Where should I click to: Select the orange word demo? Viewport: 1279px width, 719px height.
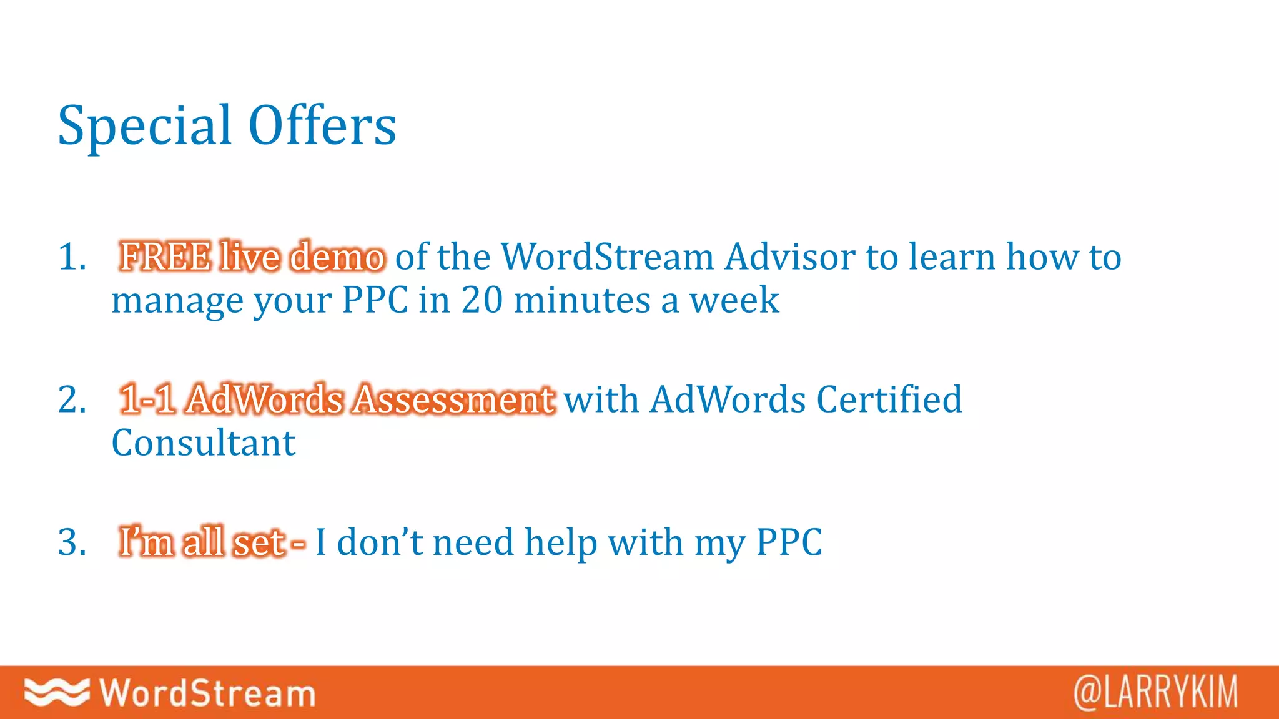[338, 257]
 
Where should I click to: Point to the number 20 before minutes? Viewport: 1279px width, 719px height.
[481, 300]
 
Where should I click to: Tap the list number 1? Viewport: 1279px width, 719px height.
[71, 257]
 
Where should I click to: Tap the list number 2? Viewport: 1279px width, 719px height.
[71, 399]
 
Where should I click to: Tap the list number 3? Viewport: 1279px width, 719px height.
[71, 542]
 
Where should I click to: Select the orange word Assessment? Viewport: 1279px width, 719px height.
[453, 399]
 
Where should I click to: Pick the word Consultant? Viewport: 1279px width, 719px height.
[204, 443]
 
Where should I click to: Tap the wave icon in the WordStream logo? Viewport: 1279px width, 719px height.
[57, 692]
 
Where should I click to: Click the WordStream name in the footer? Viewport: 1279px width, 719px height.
[207, 693]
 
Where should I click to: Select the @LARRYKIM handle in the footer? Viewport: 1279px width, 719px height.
[1155, 692]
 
